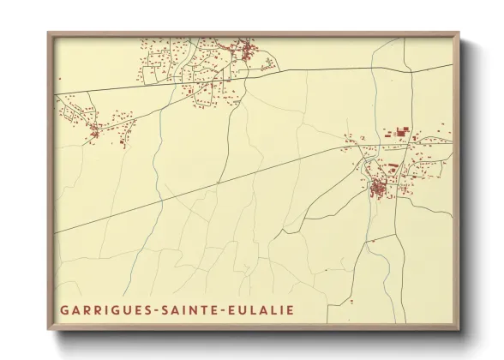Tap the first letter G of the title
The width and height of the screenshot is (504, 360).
click(x=64, y=309)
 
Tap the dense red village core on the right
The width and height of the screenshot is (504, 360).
click(x=378, y=187)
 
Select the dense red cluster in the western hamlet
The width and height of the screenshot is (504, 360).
click(x=94, y=129)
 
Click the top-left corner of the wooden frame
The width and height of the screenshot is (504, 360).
click(x=49, y=33)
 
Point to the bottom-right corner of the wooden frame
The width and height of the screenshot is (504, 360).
click(x=459, y=330)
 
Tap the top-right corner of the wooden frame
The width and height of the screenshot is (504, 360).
click(x=459, y=33)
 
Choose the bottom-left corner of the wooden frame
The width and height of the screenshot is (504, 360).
click(x=49, y=330)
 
